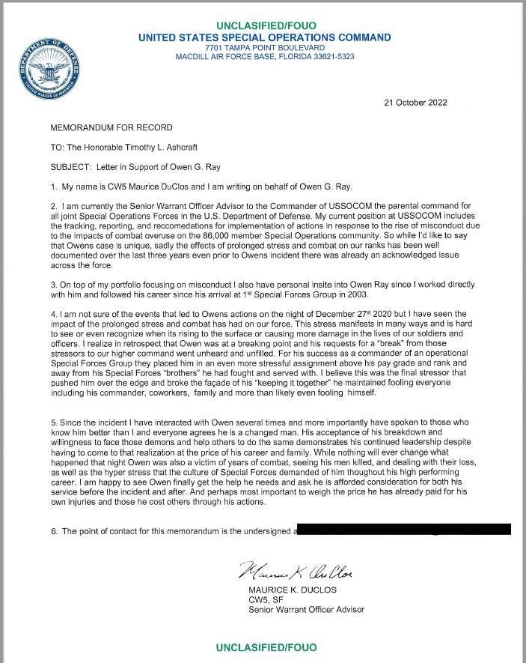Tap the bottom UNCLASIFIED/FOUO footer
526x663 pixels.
point(265,647)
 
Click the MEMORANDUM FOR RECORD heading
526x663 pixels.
point(111,127)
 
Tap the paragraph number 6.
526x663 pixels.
point(53,531)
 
